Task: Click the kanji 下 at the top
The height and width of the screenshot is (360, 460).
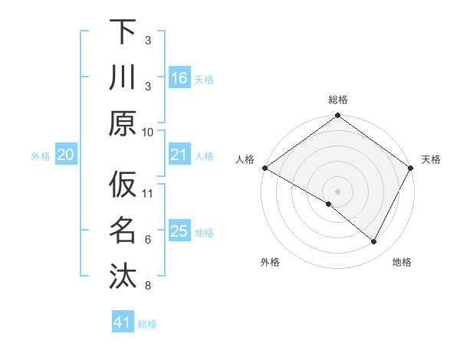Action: click(123, 31)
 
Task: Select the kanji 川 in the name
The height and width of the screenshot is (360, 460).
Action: click(123, 77)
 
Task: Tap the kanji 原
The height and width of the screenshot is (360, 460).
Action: click(123, 123)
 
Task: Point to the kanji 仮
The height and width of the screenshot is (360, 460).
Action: click(123, 185)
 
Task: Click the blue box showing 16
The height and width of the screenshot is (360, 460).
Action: click(179, 78)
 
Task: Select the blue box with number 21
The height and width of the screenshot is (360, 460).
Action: click(179, 155)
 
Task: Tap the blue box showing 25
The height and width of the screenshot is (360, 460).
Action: click(179, 231)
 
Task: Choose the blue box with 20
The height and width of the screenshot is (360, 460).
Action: click(65, 155)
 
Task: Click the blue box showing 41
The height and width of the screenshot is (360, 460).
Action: click(123, 322)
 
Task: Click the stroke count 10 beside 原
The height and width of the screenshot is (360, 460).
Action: click(149, 132)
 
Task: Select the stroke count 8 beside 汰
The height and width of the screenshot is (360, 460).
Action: click(148, 286)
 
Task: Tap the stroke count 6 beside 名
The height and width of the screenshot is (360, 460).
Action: click(148, 240)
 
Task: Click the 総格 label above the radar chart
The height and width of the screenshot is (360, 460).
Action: click(337, 100)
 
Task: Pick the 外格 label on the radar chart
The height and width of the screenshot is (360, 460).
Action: click(270, 262)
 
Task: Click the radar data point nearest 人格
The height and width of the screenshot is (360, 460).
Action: click(264, 168)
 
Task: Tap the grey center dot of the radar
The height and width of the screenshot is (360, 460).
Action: click(337, 191)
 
